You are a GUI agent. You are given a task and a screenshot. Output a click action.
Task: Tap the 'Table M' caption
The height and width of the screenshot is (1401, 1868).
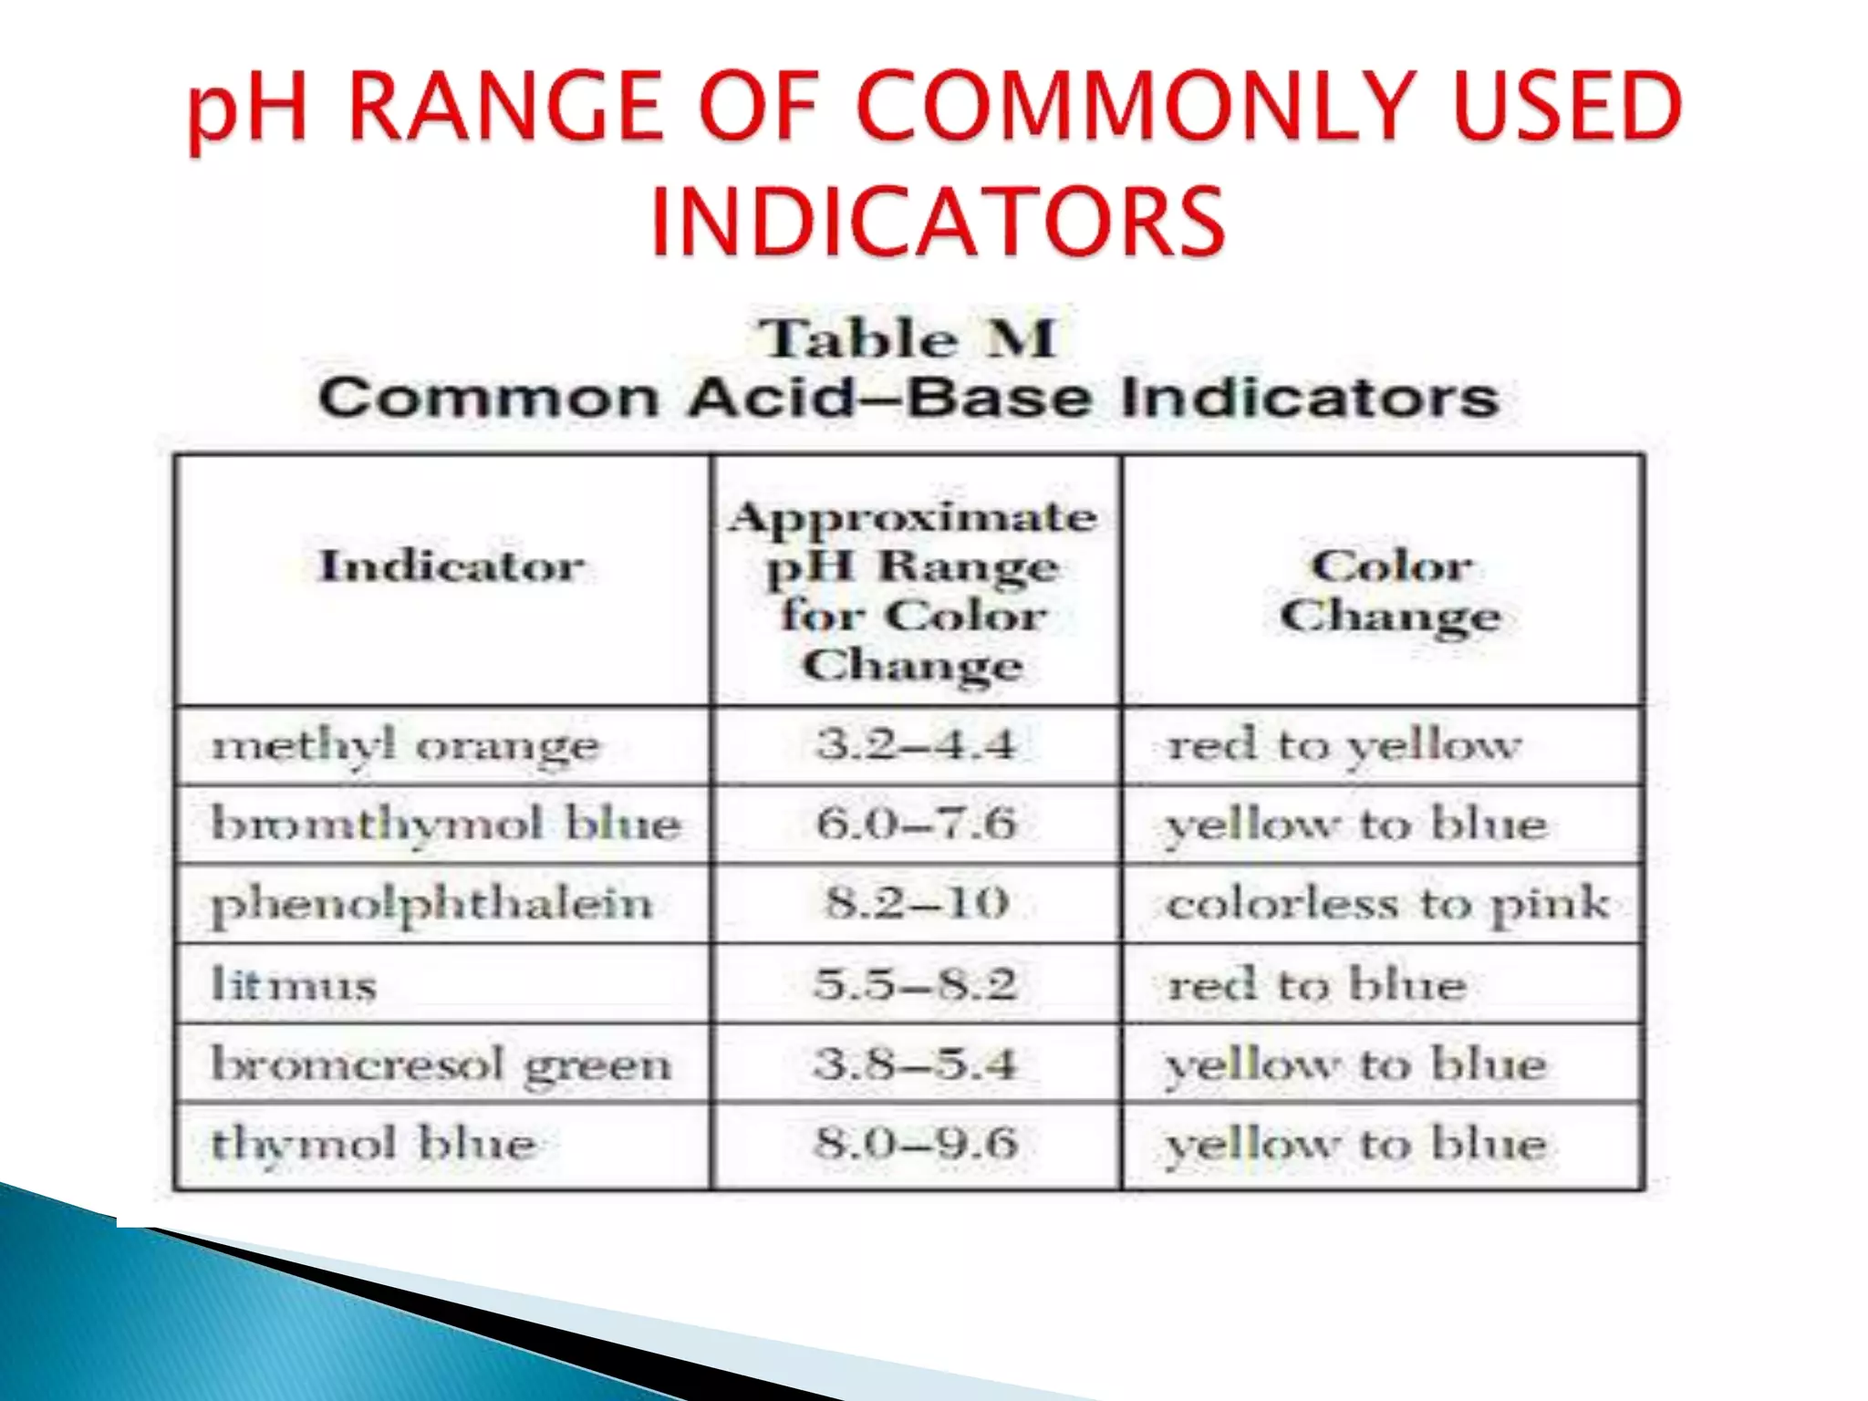click(908, 339)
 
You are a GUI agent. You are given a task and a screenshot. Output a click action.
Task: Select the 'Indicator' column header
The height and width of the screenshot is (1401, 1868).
click(451, 566)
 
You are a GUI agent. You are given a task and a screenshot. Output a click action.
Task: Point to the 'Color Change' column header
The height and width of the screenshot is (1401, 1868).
click(1390, 590)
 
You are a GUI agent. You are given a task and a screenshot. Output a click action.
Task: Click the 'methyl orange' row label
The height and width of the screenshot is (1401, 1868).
click(405, 746)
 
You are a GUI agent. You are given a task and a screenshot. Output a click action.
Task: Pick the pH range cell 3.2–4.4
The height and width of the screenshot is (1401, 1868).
click(916, 744)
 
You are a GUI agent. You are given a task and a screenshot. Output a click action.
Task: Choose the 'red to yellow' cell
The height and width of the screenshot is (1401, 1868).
click(1344, 745)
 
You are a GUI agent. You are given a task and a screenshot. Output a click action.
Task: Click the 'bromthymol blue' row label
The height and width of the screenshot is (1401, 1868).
click(446, 825)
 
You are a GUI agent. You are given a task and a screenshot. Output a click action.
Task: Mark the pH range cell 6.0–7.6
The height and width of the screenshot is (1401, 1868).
click(916, 824)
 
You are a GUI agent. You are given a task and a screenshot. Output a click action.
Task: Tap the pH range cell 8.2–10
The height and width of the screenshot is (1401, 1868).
click(917, 903)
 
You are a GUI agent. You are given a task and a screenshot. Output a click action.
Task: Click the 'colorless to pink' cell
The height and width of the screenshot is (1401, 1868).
click(1387, 904)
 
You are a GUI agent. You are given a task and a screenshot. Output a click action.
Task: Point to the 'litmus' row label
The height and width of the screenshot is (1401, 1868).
click(294, 984)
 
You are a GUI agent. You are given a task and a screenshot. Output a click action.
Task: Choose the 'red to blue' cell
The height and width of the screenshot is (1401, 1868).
click(1317, 984)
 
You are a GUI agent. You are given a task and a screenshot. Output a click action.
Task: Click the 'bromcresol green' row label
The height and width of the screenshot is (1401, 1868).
click(441, 1064)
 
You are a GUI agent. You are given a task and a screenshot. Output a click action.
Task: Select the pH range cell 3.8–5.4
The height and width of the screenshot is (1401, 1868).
click(916, 1064)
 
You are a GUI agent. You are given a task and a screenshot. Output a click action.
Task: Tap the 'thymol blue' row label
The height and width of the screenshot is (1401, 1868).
click(373, 1144)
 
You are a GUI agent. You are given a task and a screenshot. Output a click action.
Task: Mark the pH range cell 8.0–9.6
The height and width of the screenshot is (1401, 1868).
click(916, 1143)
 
